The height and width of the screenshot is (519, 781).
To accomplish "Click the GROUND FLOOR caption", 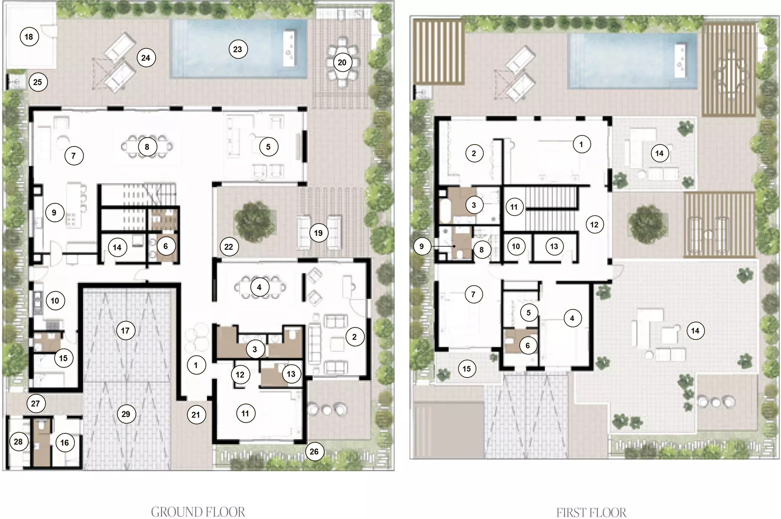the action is (198, 512).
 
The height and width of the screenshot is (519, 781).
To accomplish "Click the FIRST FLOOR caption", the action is (591, 512).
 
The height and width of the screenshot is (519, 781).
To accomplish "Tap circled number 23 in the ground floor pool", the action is (238, 49).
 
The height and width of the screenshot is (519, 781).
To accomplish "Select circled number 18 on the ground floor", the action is (29, 37).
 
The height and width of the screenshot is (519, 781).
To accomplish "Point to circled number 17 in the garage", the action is (125, 330).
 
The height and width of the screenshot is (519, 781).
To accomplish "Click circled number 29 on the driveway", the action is (125, 414).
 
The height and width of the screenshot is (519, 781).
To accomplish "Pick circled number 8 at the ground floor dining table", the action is (147, 147).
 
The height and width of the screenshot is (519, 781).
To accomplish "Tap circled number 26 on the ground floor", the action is (314, 451).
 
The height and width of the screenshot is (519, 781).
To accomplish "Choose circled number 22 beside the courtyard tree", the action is (229, 247).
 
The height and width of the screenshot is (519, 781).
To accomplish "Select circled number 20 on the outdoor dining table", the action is (342, 62).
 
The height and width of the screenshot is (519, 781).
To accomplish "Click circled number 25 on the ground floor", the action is (37, 82).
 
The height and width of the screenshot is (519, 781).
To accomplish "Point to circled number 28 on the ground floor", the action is (18, 442).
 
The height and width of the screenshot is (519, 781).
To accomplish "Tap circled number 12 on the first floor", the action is (594, 224).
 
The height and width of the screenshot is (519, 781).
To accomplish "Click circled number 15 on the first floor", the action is (467, 369).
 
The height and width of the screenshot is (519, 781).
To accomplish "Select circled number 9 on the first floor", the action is (421, 246).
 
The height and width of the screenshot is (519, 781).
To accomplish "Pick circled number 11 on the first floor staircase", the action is (514, 207).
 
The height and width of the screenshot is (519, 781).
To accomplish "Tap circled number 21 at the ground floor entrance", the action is (196, 415).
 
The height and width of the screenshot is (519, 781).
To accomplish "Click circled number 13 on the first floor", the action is (554, 246).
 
